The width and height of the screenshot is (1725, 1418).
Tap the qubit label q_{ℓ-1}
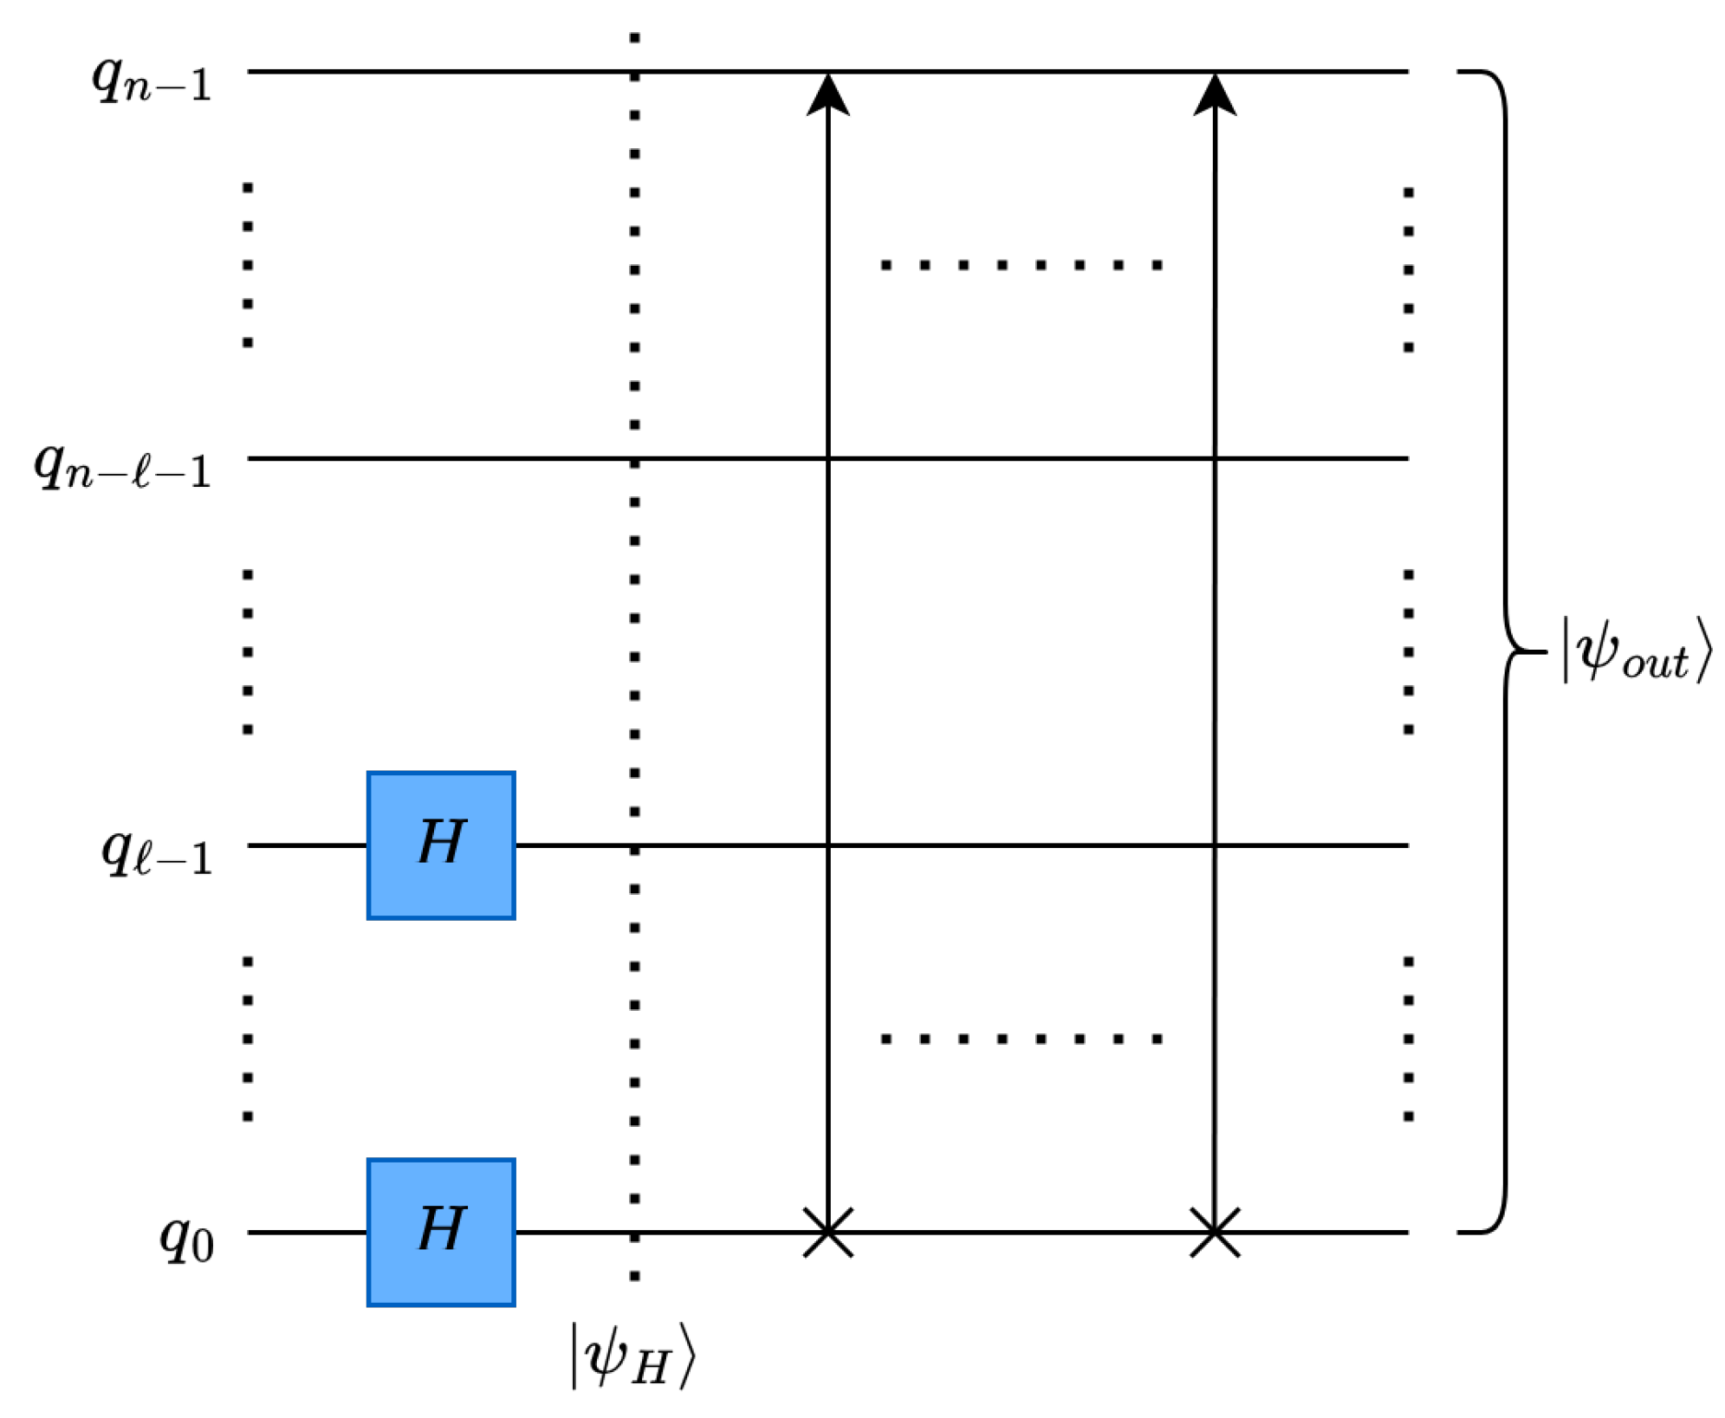pos(157,854)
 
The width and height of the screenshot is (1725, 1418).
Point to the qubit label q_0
pos(186,1240)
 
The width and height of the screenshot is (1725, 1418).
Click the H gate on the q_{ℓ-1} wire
pos(441,845)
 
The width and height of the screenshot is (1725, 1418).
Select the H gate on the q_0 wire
pos(441,1231)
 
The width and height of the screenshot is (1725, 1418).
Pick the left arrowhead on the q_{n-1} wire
pos(828,94)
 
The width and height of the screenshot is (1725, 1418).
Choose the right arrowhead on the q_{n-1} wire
pos(1215,94)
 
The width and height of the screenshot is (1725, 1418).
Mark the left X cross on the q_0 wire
pos(828,1231)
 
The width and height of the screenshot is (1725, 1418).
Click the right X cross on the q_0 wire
pos(1215,1231)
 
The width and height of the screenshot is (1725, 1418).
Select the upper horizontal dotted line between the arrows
pos(1021,265)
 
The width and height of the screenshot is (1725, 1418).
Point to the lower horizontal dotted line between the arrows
pos(1021,1039)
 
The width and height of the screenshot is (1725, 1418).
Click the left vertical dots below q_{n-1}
pos(248,265)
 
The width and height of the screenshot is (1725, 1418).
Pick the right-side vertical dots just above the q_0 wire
pos(1409,1039)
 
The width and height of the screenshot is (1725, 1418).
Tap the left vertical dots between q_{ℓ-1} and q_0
pos(248,1039)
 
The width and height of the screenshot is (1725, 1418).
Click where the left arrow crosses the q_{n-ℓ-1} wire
pos(828,457)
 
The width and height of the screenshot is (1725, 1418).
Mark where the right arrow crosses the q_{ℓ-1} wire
pos(1215,845)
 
